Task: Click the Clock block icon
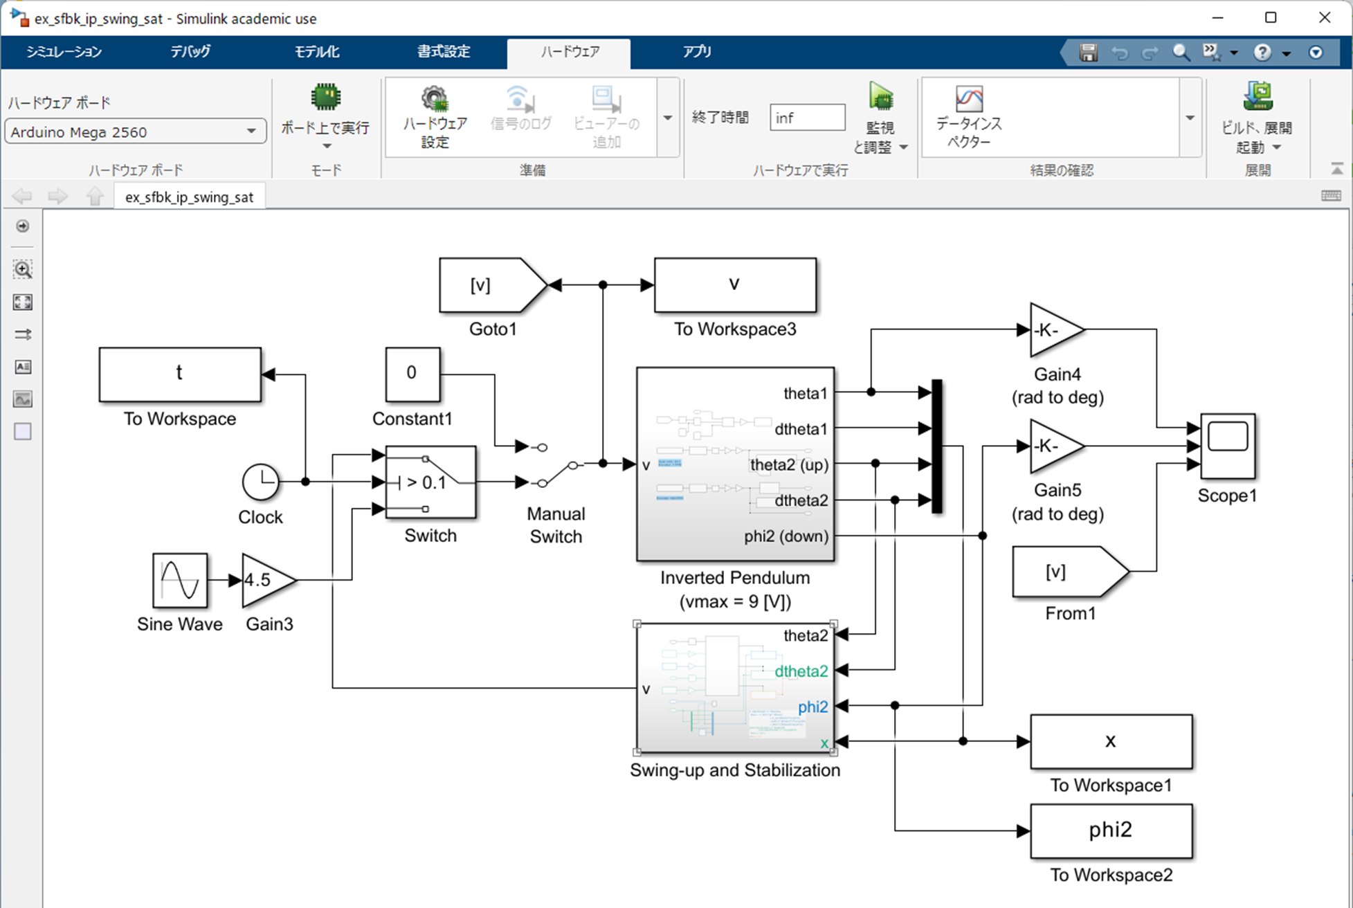coord(260,482)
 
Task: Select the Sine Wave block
coord(180,580)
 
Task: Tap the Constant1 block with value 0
coord(412,374)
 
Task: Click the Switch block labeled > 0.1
coord(430,482)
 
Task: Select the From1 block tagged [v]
coord(1066,572)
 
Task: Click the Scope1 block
coord(1227,446)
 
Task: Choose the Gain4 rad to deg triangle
coord(1053,330)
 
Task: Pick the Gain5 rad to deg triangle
coord(1053,446)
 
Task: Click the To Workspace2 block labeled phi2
coord(1111,830)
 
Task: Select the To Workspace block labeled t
coord(180,374)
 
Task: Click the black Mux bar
coord(936,446)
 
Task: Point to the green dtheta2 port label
coord(801,671)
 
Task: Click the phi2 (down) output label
coord(786,536)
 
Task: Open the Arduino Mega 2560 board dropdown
coord(135,131)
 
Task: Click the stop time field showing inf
coord(806,118)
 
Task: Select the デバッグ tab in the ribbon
coord(190,52)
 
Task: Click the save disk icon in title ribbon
coord(1088,53)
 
